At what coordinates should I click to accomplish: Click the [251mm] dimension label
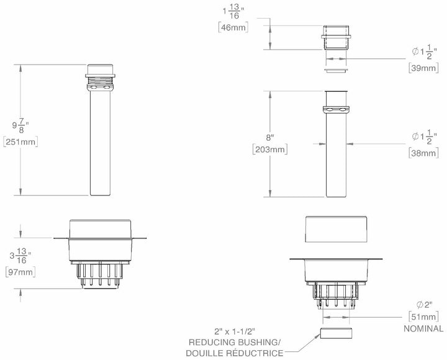point(21,142)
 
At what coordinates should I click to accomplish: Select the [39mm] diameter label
point(423,68)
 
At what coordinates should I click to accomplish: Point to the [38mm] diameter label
point(423,152)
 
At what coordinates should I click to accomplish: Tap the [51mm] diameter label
point(423,316)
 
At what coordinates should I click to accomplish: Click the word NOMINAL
point(422,329)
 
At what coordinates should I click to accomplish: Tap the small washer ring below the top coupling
point(336,71)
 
